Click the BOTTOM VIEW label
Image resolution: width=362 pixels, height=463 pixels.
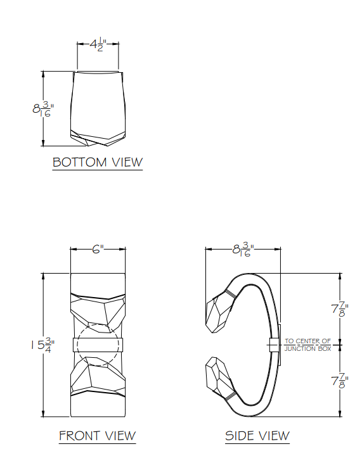point(98,162)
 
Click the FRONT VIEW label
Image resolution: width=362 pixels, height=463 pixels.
point(97,436)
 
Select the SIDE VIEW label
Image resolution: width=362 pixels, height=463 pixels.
point(257,436)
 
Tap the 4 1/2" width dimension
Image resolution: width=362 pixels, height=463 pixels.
point(97,45)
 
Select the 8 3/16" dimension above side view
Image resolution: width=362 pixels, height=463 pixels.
point(243,250)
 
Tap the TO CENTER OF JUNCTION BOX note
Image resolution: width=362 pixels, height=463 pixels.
point(307,345)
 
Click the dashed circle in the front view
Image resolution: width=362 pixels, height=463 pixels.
point(97,345)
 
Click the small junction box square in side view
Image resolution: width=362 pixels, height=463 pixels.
point(273,345)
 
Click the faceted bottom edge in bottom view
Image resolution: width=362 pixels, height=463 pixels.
point(98,136)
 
